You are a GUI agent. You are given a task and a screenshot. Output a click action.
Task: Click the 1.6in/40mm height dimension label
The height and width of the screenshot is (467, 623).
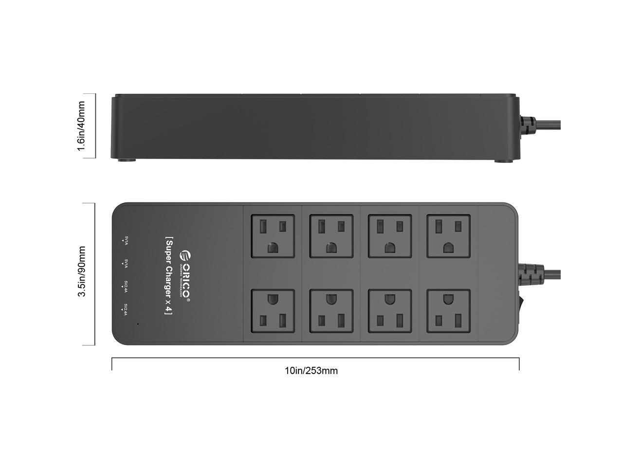pos(81,126)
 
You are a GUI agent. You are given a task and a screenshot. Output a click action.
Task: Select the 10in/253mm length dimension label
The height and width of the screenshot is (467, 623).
pos(311,371)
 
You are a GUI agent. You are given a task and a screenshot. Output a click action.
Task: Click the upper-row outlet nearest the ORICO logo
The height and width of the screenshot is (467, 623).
pos(273,236)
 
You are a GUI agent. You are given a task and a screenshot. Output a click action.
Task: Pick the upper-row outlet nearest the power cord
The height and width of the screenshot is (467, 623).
pos(449,236)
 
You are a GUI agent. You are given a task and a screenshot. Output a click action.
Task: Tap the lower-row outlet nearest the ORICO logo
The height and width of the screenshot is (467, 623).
pos(273,311)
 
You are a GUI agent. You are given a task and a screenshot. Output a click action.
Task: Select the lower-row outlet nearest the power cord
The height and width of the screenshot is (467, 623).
pos(449,311)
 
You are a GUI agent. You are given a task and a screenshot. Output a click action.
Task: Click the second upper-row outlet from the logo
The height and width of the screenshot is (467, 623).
pos(331,236)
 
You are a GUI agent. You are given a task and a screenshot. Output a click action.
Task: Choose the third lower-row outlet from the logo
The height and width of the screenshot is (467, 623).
pos(390,311)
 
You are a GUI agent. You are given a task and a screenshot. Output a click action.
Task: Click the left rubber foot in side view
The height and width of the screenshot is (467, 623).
pos(127,160)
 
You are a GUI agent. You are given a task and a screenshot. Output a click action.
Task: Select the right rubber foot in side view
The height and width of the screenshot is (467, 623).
pos(504,160)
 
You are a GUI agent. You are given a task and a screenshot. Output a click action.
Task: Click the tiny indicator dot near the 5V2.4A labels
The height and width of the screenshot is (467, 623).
pos(138,323)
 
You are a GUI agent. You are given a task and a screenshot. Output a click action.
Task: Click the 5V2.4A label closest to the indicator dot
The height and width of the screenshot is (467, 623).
pos(125,310)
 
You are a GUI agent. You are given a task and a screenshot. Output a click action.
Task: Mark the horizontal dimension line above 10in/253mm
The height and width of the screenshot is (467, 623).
pos(315,358)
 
